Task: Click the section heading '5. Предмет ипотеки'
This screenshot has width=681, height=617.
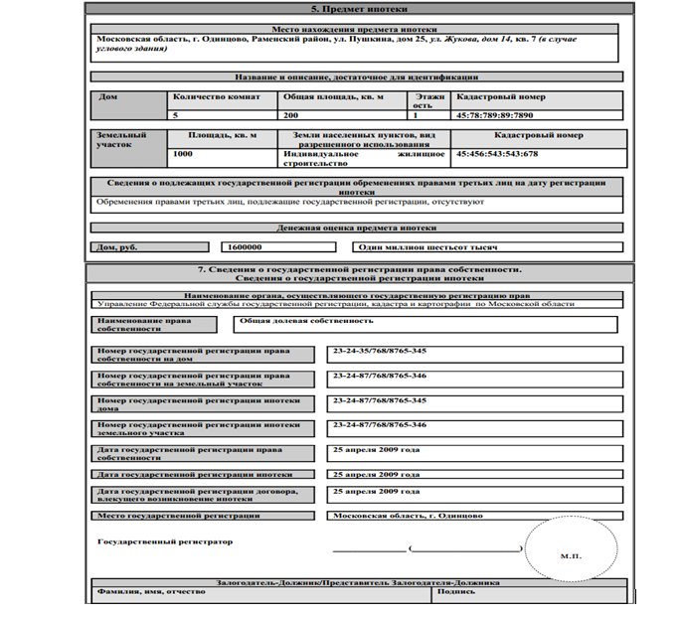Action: tap(355, 8)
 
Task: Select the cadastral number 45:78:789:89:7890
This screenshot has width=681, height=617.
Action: tap(495, 115)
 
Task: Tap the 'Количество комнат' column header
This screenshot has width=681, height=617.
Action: tap(217, 97)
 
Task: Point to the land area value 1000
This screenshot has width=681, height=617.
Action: tap(183, 154)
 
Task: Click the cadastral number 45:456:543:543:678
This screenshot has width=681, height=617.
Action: tap(496, 154)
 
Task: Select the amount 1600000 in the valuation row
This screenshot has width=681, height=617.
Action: tap(245, 246)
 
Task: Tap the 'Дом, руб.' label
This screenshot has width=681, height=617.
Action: tap(117, 247)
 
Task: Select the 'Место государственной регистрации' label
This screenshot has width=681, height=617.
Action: tap(178, 516)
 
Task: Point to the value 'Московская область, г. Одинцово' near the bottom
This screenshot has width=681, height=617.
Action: tap(408, 516)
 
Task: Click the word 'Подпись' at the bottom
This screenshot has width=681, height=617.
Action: tap(454, 592)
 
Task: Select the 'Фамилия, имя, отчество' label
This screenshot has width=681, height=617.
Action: tap(150, 592)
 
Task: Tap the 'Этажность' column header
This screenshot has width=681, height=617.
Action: tap(425, 101)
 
